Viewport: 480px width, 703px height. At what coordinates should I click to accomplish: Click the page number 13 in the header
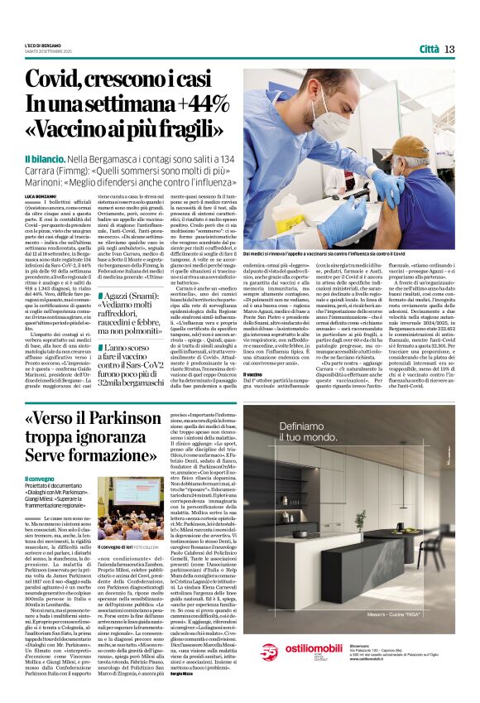449,49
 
